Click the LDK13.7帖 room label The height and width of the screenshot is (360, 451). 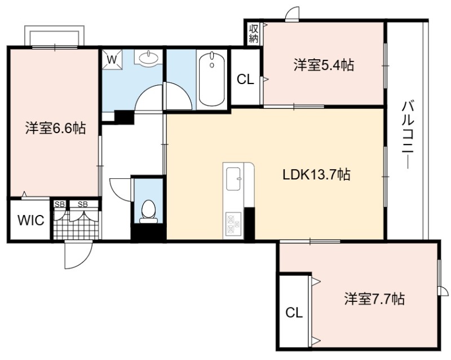tap(316, 174)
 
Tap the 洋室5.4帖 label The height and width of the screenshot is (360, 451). tap(324, 65)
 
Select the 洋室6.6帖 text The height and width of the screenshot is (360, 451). tap(55, 128)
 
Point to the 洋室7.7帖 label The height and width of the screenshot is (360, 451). tap(374, 299)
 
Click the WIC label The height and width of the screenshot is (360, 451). tap(31, 221)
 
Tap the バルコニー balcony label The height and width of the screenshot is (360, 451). tap(408, 134)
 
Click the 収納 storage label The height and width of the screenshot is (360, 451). tap(254, 33)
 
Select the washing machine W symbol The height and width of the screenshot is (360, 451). tap(112, 60)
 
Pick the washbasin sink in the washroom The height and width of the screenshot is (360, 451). tap(148, 58)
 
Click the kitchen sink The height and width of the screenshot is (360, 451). tap(233, 179)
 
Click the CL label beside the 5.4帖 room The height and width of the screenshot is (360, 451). tap(245, 79)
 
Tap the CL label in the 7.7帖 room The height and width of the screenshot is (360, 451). tap(294, 313)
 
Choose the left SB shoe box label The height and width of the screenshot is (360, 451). tap(60, 204)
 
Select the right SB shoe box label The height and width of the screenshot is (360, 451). tap(82, 204)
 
